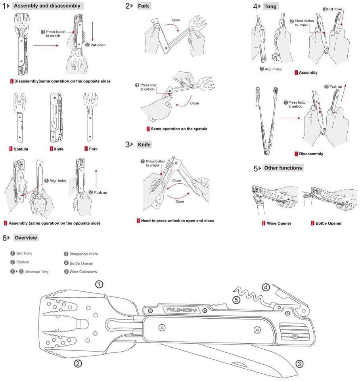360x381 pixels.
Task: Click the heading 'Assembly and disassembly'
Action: coord(47,6)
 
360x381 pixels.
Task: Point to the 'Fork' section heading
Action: coord(143,6)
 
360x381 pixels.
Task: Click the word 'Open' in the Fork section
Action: coord(176,20)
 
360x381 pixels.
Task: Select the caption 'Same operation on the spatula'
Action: coord(179,129)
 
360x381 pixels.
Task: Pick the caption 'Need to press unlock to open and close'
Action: coord(177,221)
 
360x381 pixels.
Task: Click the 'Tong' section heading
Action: coord(270,6)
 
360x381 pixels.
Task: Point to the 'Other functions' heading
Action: coord(283,168)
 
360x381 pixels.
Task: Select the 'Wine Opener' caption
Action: coord(279,223)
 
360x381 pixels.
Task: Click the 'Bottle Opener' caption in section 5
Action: coord(328,223)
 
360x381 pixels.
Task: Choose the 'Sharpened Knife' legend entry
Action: coord(84,254)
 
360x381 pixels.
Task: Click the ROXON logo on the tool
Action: coord(182,310)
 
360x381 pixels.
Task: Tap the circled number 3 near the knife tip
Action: coord(299,364)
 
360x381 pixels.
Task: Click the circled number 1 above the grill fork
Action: coord(99,284)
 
